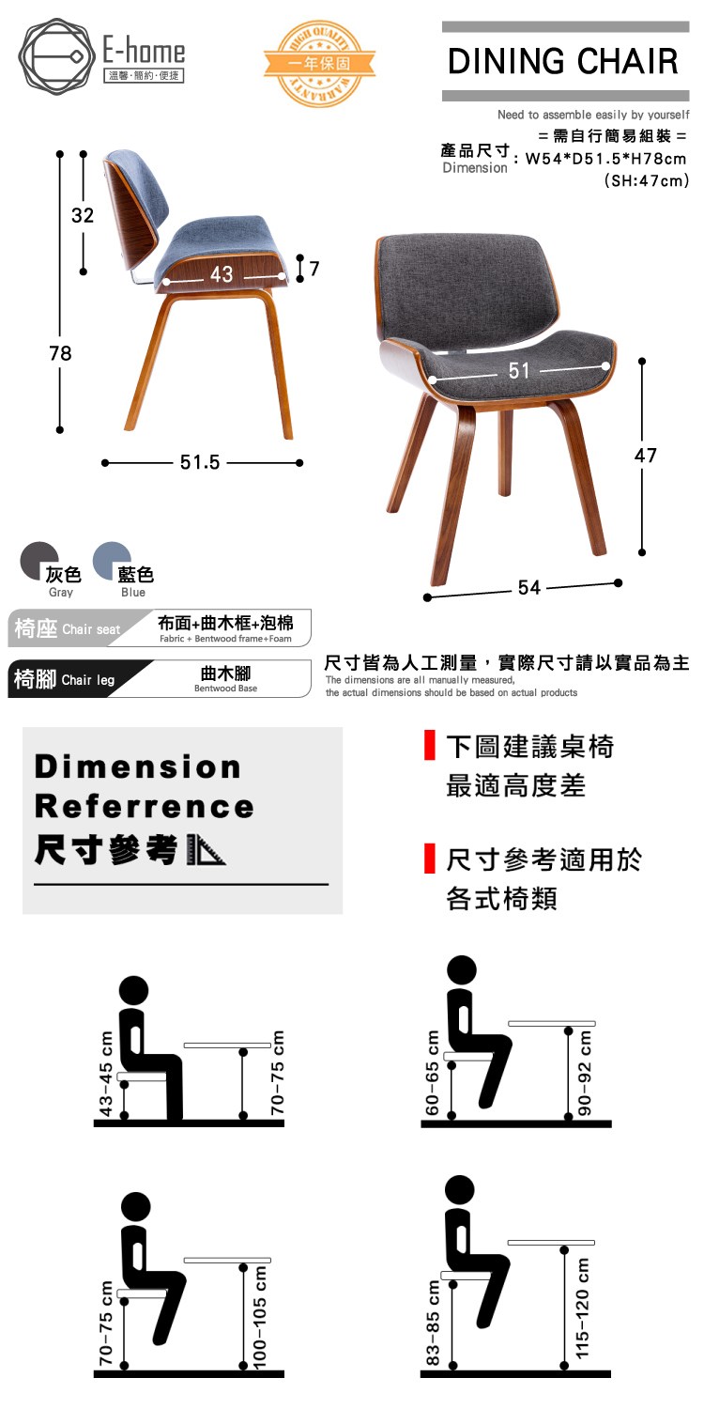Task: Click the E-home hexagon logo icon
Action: [x=56, y=56]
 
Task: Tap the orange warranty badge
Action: [x=319, y=63]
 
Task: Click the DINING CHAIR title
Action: [x=563, y=62]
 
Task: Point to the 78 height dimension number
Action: [x=60, y=353]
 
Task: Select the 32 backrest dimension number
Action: [x=83, y=215]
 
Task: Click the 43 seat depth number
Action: [x=222, y=273]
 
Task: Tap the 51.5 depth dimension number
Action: [x=200, y=462]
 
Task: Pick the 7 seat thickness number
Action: [x=314, y=269]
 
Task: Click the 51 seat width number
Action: [x=519, y=370]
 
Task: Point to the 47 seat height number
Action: [x=646, y=455]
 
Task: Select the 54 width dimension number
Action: [x=529, y=587]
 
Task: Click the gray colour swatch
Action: [x=39, y=561]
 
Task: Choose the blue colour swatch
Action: [x=112, y=561]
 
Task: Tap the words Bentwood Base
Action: [x=225, y=689]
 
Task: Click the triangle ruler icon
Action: [x=207, y=850]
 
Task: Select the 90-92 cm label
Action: [x=585, y=1073]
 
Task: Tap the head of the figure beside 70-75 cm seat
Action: [x=136, y=1208]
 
